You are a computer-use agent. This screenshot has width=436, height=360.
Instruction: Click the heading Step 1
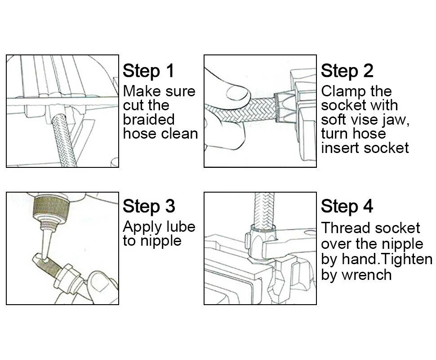click(148, 71)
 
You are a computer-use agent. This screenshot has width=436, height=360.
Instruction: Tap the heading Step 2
click(347, 71)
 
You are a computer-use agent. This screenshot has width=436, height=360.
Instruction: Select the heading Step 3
click(149, 206)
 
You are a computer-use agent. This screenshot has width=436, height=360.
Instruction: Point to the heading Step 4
click(347, 206)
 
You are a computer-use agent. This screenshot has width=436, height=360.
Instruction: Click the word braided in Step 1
click(149, 119)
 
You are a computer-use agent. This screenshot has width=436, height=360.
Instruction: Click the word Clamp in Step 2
click(343, 92)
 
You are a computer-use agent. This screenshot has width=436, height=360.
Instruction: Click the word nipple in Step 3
click(161, 241)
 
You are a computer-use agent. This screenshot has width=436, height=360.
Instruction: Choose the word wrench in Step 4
click(366, 275)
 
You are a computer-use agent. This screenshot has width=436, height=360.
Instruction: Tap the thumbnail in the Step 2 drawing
click(236, 93)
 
